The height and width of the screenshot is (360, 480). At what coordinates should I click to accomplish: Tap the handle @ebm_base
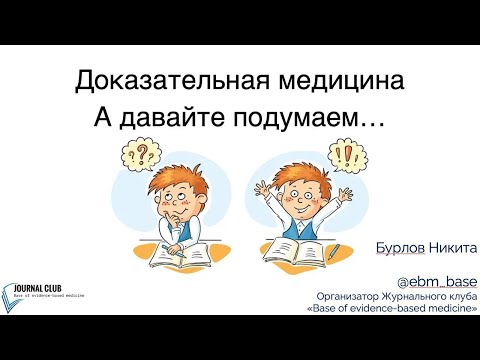pos(439,281)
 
